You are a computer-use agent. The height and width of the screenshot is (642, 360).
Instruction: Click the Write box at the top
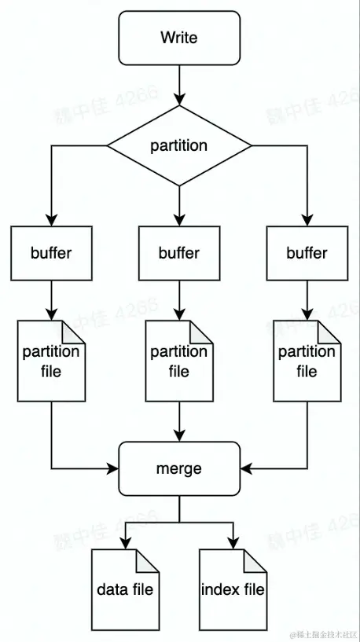coord(179,38)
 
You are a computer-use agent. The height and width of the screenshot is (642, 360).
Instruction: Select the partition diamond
coord(179,145)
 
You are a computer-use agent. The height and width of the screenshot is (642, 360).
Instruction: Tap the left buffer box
coord(51,253)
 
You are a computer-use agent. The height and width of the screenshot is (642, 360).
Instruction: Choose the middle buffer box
coord(179,253)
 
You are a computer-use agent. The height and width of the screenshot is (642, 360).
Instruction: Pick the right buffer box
coord(307,253)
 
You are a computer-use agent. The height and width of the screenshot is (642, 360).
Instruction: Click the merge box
coord(179,468)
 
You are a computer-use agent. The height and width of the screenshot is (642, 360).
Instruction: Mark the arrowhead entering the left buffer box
coord(51,220)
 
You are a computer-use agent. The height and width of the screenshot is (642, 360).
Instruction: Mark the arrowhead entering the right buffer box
coord(307,220)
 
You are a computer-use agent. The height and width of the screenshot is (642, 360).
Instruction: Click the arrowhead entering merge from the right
coord(246,468)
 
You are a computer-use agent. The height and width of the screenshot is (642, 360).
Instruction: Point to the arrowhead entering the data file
coord(125,543)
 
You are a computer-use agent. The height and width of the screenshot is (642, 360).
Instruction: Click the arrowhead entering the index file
coord(233,543)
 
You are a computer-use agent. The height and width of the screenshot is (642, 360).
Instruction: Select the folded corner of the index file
coord(257,559)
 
